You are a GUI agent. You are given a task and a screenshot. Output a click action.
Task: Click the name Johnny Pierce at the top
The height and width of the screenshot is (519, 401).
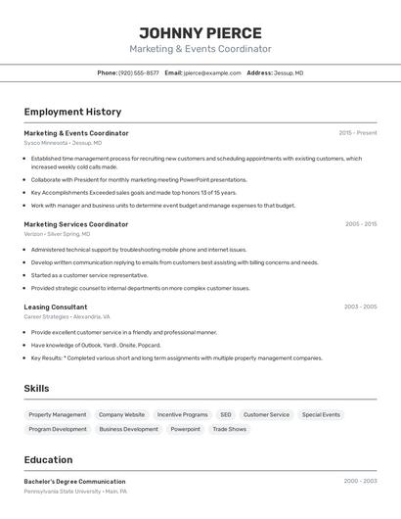pos(200,32)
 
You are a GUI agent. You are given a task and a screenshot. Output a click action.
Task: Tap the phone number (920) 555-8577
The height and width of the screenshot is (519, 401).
pos(139,72)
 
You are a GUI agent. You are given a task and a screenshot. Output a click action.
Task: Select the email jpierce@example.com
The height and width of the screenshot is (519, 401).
pos(212,72)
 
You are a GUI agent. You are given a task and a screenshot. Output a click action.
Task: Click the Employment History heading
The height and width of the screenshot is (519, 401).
pos(72,112)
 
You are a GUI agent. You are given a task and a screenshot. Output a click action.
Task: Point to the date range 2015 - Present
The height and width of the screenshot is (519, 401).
pos(358,133)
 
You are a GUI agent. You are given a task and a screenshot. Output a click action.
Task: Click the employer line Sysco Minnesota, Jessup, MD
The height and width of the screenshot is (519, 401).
pos(60,143)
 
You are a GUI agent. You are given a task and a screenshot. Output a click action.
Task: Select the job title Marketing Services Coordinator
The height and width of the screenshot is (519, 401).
pos(76,224)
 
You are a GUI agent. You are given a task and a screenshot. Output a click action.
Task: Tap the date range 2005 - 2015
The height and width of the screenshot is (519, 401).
pos(361,224)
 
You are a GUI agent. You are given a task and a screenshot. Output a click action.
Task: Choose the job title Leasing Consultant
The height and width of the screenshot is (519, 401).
pos(56,307)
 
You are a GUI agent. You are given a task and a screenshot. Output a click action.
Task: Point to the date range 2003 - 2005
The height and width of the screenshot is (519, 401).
pos(360,307)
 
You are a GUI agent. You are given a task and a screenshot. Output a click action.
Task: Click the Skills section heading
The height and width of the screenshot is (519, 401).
pos(36,389)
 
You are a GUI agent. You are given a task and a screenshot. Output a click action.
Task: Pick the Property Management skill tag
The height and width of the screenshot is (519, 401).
pos(58,415)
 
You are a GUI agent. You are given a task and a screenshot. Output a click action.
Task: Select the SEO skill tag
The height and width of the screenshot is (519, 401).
pos(225,415)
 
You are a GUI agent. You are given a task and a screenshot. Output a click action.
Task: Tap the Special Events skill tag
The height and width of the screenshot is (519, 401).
pos(321,415)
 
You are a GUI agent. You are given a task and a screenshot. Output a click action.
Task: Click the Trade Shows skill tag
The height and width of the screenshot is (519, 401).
pos(230,429)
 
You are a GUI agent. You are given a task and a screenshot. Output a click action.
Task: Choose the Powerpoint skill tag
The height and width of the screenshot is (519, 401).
pos(185,429)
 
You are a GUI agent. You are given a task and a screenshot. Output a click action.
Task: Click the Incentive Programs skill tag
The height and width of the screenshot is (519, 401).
pos(182,415)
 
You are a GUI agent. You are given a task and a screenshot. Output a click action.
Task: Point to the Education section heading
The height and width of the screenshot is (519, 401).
pos(48,460)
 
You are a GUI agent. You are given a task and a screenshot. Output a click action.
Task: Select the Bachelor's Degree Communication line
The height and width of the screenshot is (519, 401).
pos(74,482)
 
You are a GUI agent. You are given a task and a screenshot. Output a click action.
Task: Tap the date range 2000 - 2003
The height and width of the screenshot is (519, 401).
pos(360,482)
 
